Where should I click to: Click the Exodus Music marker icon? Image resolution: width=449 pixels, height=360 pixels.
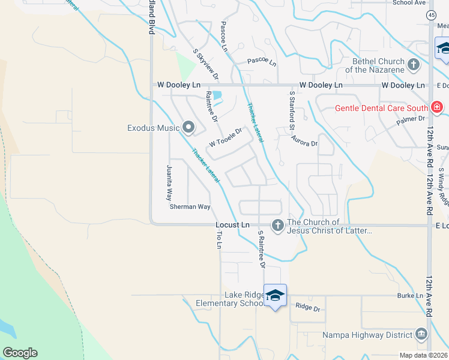point(188,127)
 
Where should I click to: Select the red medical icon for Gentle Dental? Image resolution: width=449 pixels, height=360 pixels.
point(436,108)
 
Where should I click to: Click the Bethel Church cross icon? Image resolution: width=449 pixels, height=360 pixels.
point(413,64)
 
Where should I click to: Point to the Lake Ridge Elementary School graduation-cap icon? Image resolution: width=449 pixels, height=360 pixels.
point(275,295)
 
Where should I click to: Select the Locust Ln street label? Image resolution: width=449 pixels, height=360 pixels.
point(232,224)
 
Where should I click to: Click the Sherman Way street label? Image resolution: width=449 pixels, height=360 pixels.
point(190,206)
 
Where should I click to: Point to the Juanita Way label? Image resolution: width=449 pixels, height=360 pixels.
point(169,184)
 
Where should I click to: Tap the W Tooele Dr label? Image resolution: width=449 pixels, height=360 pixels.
point(225,139)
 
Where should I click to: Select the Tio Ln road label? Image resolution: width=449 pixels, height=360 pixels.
point(219,239)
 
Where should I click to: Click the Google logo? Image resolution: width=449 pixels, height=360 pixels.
point(20,353)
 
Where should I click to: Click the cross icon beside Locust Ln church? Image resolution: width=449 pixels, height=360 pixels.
point(277,226)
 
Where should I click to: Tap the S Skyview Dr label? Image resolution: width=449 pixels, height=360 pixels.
point(206,65)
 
